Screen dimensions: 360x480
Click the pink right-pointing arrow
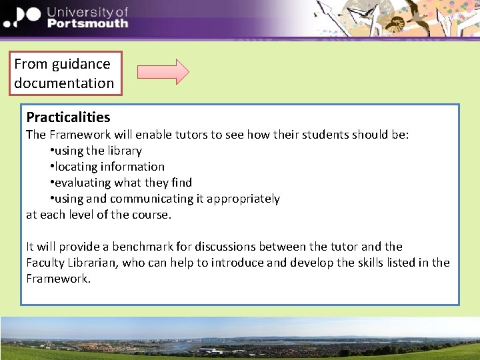[163, 72]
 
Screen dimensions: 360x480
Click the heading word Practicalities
[68, 117]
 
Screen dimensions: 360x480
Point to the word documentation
[64, 83]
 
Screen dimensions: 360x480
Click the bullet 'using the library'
[97, 151]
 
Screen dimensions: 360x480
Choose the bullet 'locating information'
[109, 167]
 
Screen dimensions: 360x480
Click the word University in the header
[87, 11]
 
